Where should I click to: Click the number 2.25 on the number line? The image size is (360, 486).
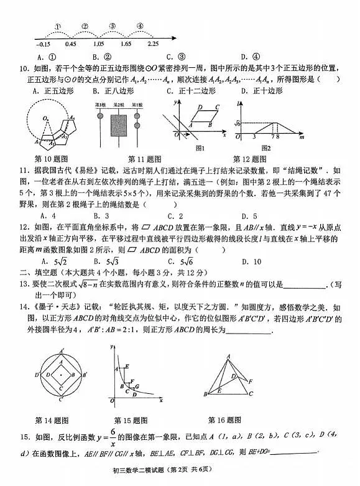click(x=153, y=44)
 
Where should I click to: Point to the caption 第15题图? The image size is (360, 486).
click(x=132, y=420)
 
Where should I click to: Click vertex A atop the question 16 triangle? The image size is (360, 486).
click(x=228, y=355)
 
